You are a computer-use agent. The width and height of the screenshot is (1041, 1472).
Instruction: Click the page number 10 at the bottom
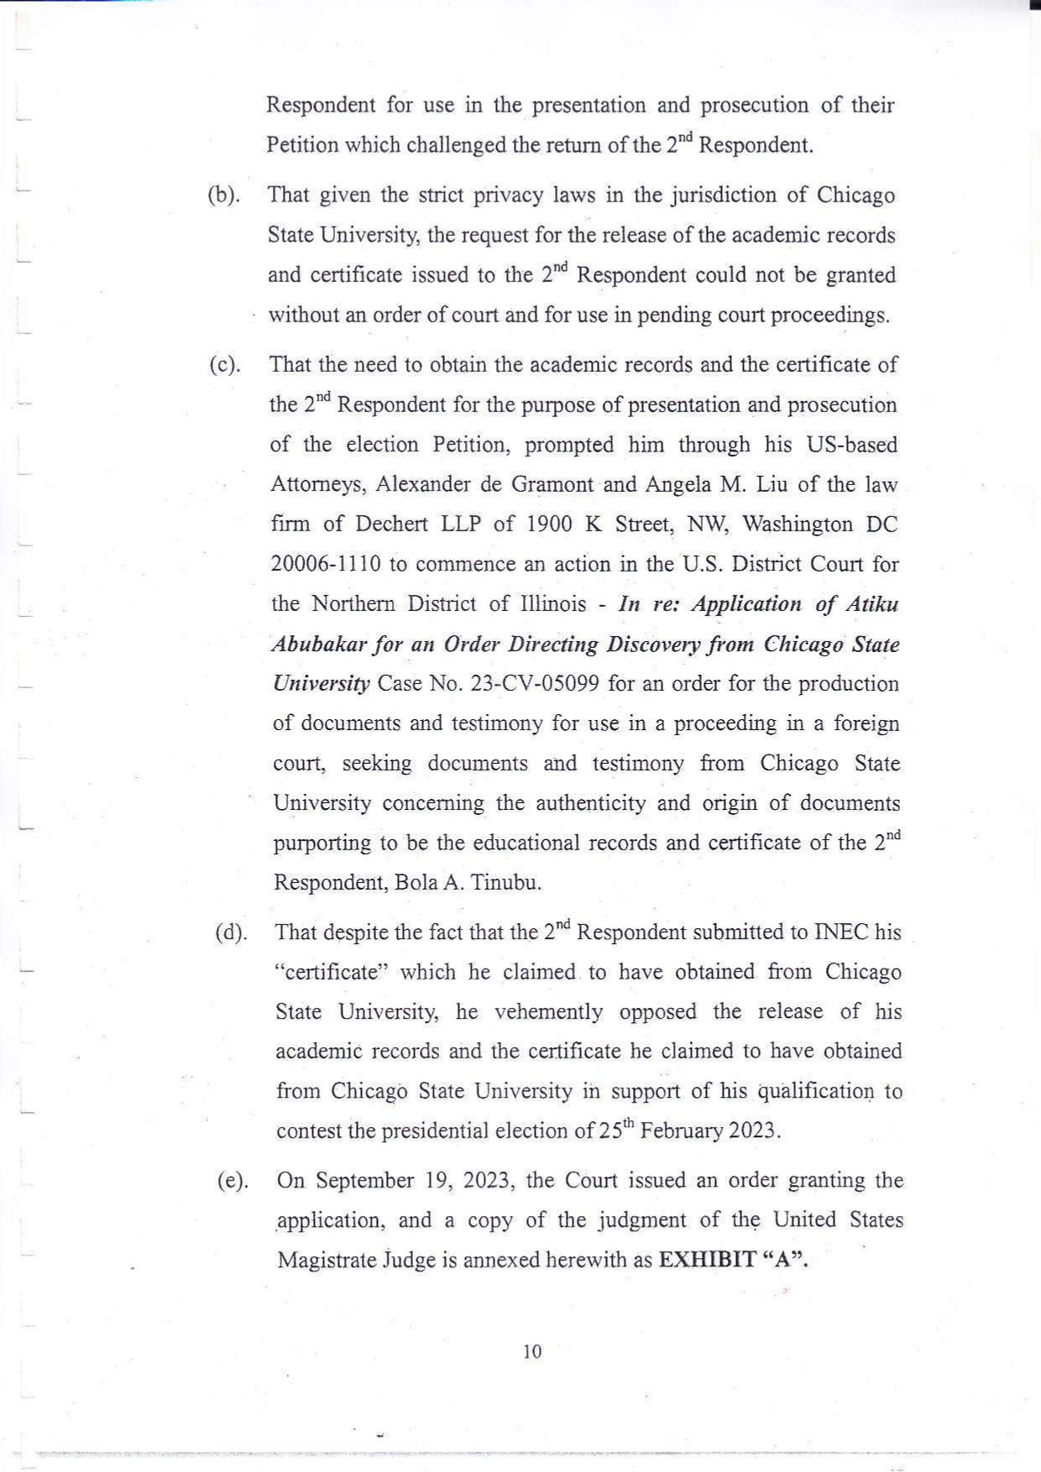[x=532, y=1351]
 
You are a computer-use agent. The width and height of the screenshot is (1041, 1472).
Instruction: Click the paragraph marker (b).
[x=223, y=196]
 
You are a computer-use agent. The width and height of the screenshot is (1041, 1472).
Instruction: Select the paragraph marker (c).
[x=225, y=365]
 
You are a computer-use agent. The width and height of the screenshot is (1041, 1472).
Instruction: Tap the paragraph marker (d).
[x=231, y=933]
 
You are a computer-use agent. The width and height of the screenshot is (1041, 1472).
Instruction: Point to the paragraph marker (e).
[x=233, y=1181]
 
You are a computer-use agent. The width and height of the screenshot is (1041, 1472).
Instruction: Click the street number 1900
[x=549, y=525]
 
